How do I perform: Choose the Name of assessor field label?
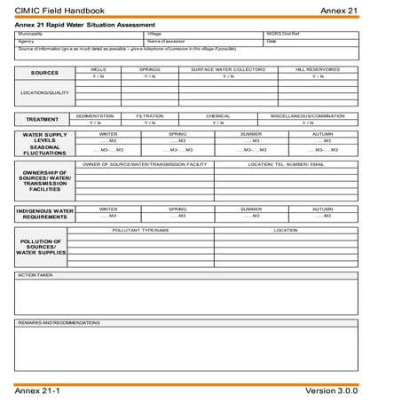click(x=166, y=41)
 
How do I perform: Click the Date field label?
click(x=272, y=41)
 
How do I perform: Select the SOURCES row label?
click(x=44, y=73)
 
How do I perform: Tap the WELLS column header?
click(x=99, y=68)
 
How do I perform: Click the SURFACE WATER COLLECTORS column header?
click(x=228, y=68)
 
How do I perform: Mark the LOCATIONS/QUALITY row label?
click(x=44, y=91)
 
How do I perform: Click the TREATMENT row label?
click(x=42, y=119)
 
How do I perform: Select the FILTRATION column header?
click(x=149, y=115)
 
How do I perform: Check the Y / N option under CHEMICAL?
click(x=217, y=122)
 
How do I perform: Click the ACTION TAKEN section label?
click(x=35, y=275)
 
